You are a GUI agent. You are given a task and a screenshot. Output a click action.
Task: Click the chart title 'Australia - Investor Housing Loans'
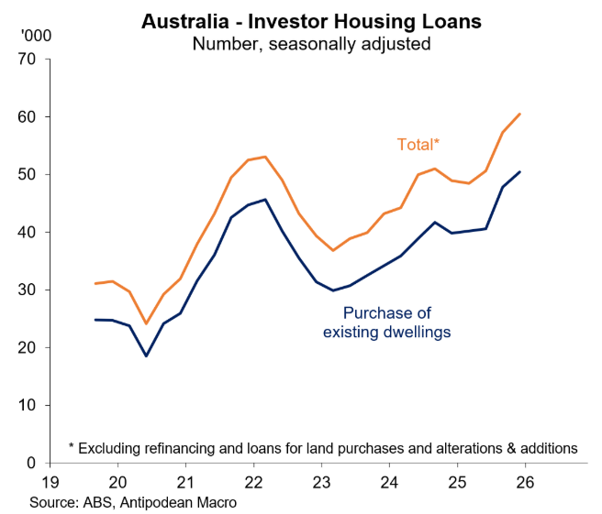click(302, 20)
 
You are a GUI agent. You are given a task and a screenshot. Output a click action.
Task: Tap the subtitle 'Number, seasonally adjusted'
click(302, 42)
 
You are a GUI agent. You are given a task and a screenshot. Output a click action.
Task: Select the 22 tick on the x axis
click(252, 482)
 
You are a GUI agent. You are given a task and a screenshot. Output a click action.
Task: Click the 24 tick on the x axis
click(388, 482)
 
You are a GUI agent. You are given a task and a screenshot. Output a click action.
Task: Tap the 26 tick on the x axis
click(524, 482)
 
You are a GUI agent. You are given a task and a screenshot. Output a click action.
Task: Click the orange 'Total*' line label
click(418, 144)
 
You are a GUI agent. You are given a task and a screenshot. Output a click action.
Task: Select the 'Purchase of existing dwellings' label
click(386, 322)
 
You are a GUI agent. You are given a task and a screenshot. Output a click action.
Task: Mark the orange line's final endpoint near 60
click(520, 115)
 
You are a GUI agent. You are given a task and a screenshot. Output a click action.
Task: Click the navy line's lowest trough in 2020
click(146, 355)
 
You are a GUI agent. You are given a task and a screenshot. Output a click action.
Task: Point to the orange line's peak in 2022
click(265, 157)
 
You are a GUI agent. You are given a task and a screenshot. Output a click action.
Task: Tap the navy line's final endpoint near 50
click(520, 171)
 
